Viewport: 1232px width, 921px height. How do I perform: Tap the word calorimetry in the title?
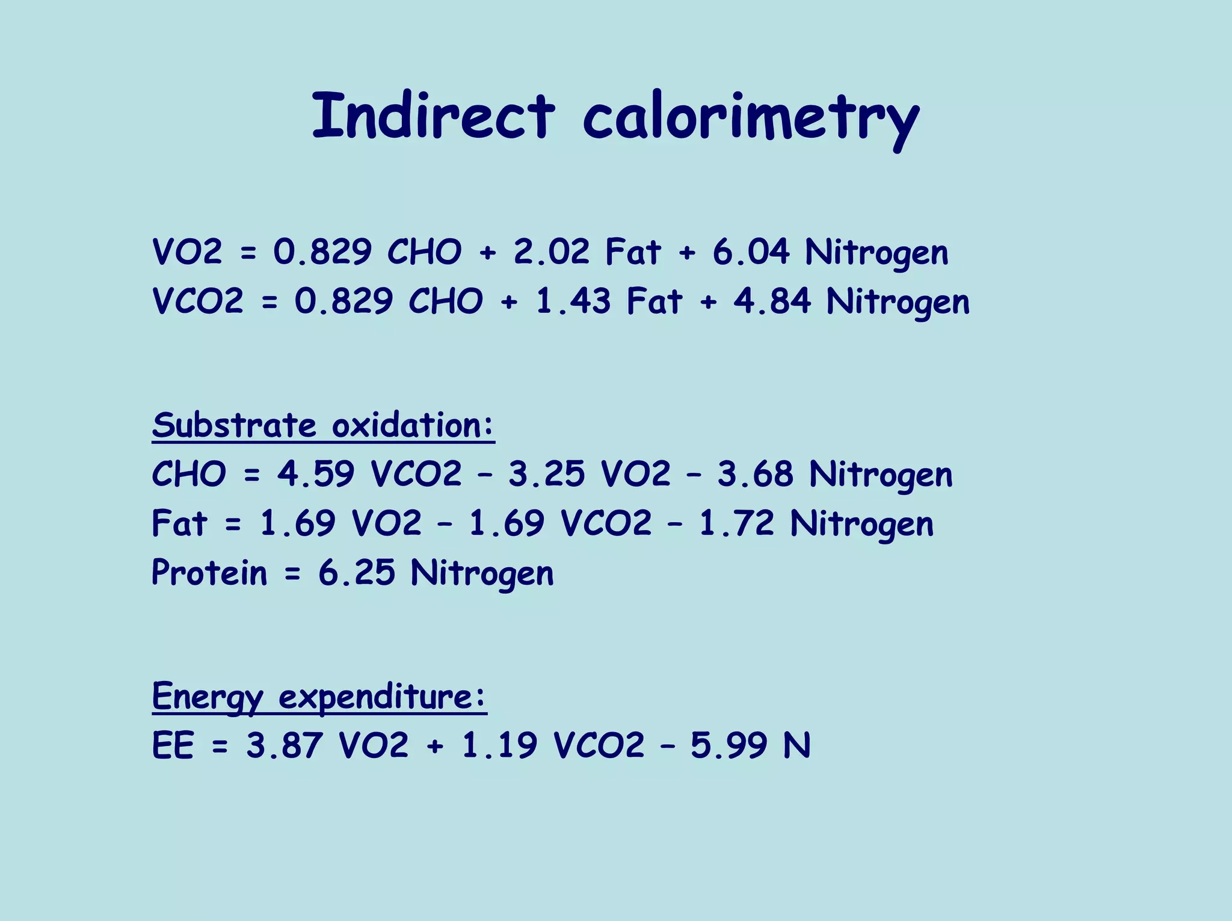tap(751, 118)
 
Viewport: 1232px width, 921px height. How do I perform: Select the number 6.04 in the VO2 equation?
tap(751, 251)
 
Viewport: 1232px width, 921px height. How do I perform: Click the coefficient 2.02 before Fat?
tap(552, 251)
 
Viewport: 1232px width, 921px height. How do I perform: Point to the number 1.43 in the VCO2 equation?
tap(573, 301)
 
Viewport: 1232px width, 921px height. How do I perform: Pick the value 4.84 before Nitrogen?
tap(772, 301)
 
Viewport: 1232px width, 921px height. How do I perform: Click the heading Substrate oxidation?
tap(323, 425)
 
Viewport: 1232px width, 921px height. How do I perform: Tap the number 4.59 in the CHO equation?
tap(315, 474)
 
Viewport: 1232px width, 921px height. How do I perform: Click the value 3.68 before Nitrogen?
tap(755, 474)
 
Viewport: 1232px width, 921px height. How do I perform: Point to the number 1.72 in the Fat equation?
tap(736, 523)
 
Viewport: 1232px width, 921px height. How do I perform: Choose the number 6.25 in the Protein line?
tap(357, 572)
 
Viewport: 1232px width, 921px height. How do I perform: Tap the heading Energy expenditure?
tap(319, 697)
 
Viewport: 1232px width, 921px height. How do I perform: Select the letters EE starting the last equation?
tap(173, 746)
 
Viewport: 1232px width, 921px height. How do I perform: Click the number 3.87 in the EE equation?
tap(284, 746)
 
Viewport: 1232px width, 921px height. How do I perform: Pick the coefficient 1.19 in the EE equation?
tap(499, 746)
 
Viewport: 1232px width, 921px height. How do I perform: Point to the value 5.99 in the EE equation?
tap(729, 746)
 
